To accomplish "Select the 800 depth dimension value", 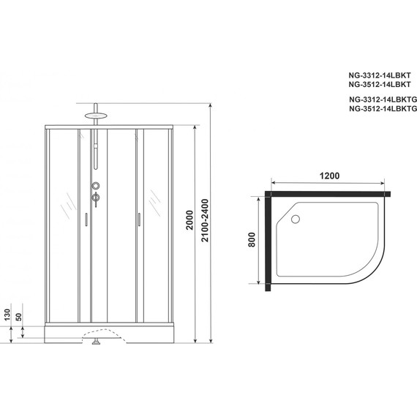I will pos(252,239).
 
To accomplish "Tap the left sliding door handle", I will pos(86,219).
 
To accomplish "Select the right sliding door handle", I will pos(137,218).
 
